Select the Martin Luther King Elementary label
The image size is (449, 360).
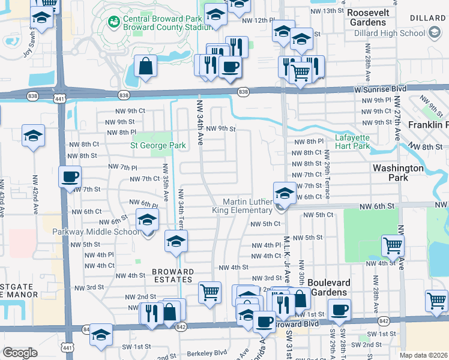tap(243, 206)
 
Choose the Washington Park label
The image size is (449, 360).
tap(399, 173)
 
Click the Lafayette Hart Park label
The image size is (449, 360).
tap(352, 141)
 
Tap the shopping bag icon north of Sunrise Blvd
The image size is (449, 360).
tap(146, 67)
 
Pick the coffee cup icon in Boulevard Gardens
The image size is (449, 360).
tap(340, 310)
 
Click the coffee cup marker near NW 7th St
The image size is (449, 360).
tap(70, 177)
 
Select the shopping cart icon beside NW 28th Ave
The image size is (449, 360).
tap(393, 245)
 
